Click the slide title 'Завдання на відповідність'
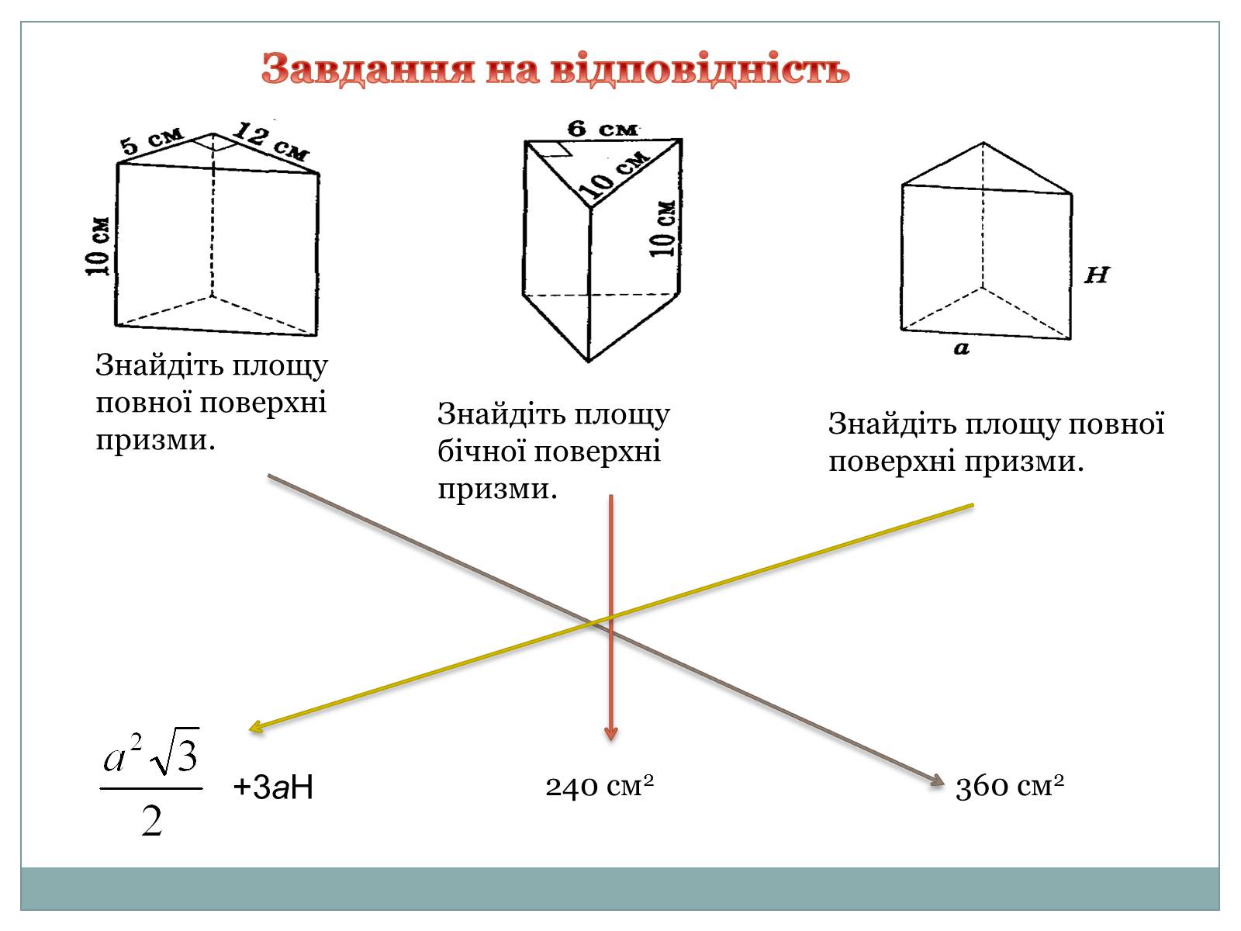point(555,70)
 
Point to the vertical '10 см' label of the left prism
point(99,245)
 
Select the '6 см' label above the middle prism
point(602,128)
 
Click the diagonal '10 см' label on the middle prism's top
point(617,173)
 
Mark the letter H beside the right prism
point(1097,275)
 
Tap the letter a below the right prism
point(962,348)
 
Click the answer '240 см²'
point(600,786)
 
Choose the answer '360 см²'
point(1009,786)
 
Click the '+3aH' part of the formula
point(273,787)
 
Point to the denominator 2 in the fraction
point(152,820)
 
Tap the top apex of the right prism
point(983,143)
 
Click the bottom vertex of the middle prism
point(589,361)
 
